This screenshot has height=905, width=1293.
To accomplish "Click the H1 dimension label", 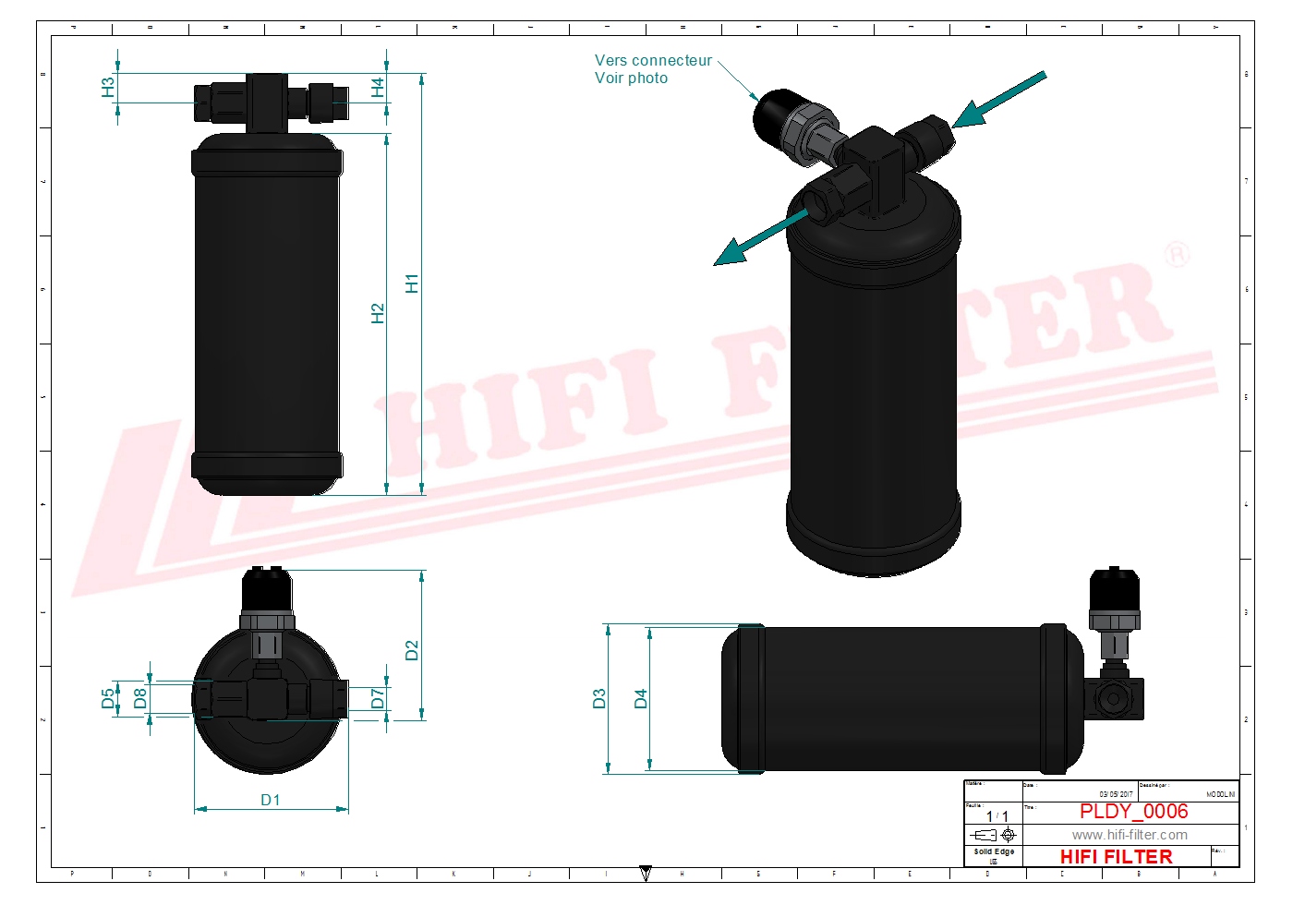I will (412, 284).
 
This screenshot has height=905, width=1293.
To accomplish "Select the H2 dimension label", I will (377, 314).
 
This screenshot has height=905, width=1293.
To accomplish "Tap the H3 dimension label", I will (108, 88).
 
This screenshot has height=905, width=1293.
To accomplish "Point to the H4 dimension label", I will (377, 88).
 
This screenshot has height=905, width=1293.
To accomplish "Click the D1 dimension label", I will (270, 800).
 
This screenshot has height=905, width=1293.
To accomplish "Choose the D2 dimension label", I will (412, 650).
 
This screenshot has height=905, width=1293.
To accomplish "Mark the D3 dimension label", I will (598, 699).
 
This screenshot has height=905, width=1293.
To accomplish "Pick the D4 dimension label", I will (640, 699).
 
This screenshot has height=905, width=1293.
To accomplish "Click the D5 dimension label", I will (108, 698).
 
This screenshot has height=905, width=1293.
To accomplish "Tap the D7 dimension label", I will (377, 698).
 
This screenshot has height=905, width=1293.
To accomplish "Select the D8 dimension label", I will (139, 698).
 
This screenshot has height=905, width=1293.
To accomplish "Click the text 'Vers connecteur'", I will (653, 61).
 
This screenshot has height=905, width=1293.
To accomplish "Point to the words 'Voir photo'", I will (631, 78).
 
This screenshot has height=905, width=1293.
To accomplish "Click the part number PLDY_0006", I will (1133, 811).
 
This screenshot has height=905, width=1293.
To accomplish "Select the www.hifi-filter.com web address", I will (1130, 835).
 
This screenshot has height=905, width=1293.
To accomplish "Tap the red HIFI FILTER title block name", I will (1116, 857).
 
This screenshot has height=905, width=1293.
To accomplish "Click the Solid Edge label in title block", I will (994, 851).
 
